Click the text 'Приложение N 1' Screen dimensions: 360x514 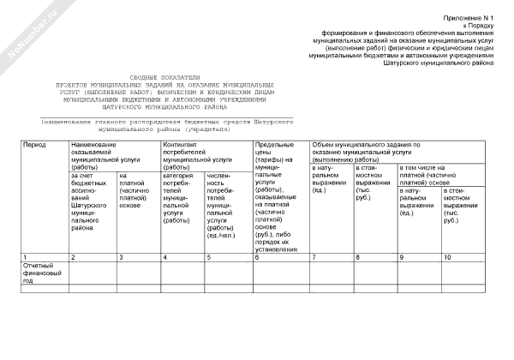[x=469, y=17]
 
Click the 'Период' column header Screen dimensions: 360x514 [x=34, y=147]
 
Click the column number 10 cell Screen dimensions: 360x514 [x=447, y=257]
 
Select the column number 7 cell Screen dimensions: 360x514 [x=314, y=257]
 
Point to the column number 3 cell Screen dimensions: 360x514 [x=121, y=257]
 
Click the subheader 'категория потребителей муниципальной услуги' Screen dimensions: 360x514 [x=178, y=198]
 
